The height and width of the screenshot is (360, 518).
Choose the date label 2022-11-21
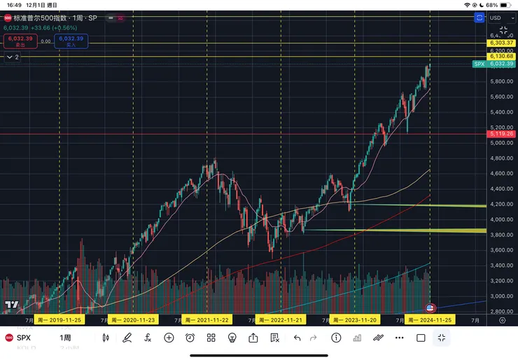click(280, 320)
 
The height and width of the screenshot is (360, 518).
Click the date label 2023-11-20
click(354, 320)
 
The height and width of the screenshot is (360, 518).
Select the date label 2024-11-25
click(429, 320)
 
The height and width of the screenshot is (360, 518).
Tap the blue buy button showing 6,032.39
click(71, 41)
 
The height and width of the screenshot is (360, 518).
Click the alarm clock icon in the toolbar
click(190, 338)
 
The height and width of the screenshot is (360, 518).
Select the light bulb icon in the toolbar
click(232, 338)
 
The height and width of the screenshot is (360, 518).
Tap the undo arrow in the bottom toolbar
click(297, 338)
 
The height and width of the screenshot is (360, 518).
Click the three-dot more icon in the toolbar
click(399, 338)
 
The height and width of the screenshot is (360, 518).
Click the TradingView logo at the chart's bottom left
click(11, 305)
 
